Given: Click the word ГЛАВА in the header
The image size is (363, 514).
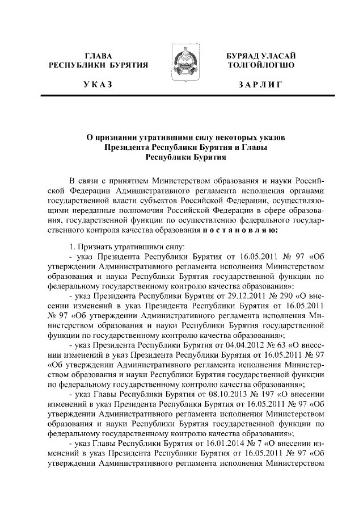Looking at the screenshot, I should tap(99, 56).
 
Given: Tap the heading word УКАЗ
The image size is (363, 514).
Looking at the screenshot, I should tap(98, 85).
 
